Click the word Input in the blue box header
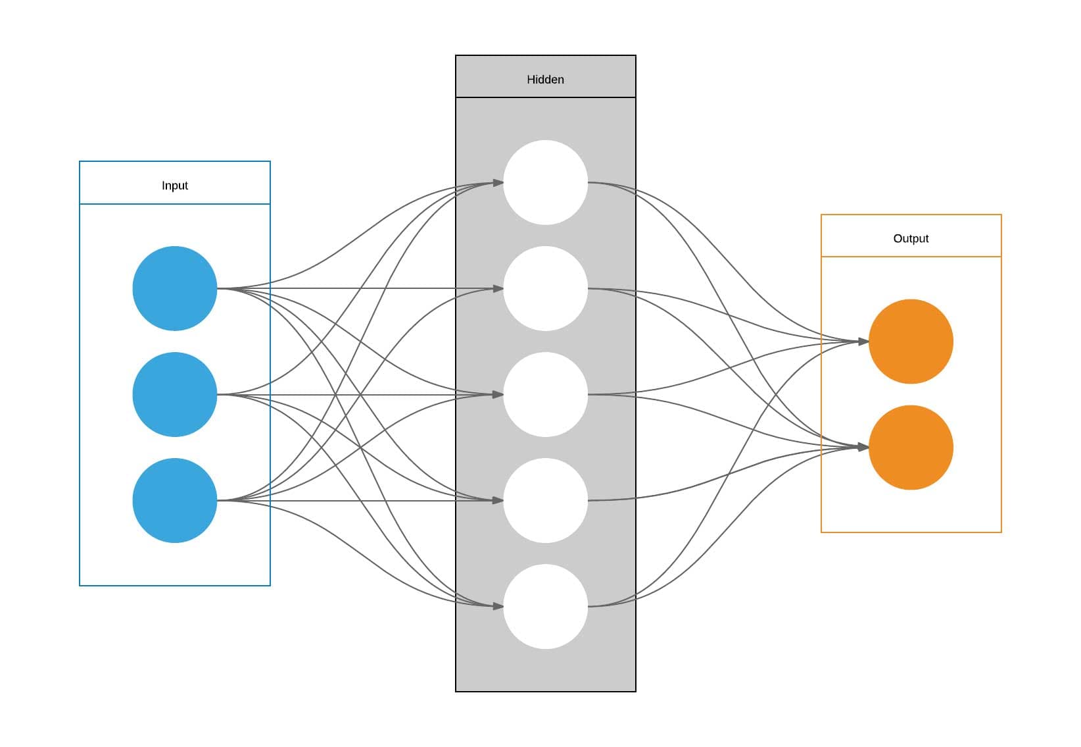[174, 186]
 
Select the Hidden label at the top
[545, 80]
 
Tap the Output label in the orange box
[911, 238]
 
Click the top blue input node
[174, 288]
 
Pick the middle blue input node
[174, 394]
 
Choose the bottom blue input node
[174, 500]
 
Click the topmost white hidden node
[545, 182]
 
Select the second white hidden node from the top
[545, 288]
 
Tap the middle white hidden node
[545, 394]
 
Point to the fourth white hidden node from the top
[545, 500]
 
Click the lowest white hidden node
[545, 606]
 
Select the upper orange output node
[911, 342]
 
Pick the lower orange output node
[911, 448]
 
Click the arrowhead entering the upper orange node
[863, 342]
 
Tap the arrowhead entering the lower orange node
[863, 448]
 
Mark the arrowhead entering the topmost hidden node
[498, 182]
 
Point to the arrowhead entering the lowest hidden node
[498, 606]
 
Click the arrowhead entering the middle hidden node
[498, 394]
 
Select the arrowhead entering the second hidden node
[498, 288]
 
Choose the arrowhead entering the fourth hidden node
[498, 500]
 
